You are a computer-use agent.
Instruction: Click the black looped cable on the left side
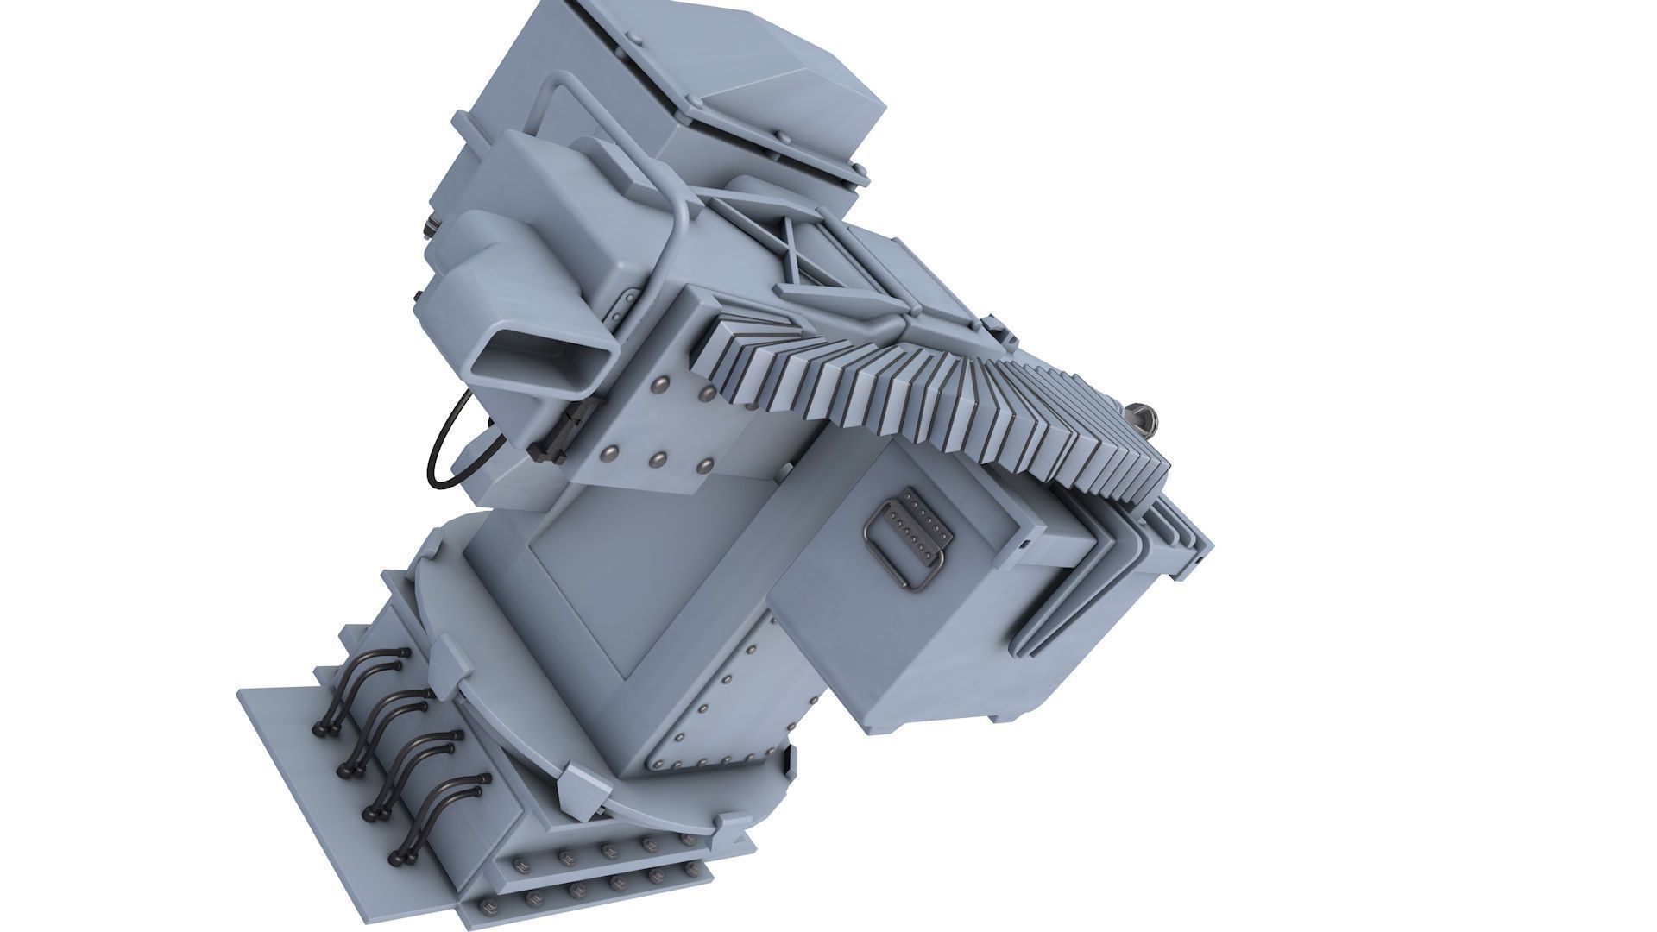(x=440, y=449)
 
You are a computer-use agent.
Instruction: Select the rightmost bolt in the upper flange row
(x=687, y=839)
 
